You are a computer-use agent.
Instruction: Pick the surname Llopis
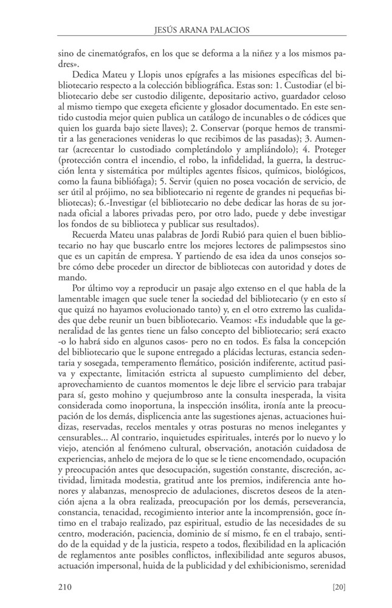click(160, 73)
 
